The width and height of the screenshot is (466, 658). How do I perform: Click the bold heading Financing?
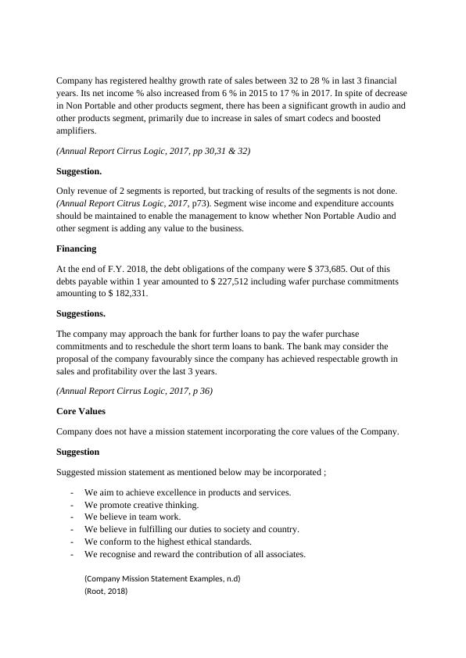coord(77,249)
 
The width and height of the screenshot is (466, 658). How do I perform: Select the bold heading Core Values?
coord(81,410)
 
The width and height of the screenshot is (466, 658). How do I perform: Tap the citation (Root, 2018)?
coord(106,592)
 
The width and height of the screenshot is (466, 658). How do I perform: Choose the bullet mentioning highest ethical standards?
coord(167,542)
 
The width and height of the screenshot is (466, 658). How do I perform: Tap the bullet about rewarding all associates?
coord(195,554)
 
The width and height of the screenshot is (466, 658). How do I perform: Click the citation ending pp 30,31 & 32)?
coord(153,150)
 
